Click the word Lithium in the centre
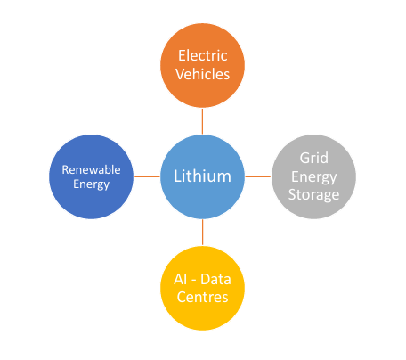pos(202,176)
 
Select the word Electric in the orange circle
pos(203,55)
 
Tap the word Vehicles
pos(203,74)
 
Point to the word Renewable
pos(91,169)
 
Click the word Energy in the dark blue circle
pos(92,184)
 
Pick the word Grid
pos(314,158)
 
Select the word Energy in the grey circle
pos(314,177)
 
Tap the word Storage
pos(314,195)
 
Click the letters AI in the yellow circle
pos(181,279)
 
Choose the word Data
pos(215,279)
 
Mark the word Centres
pos(203,297)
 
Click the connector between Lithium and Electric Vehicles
pos(202,121)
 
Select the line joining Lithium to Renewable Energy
pos(147,176)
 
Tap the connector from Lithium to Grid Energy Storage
pos(258,176)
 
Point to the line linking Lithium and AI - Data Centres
pos(203,233)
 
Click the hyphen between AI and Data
pos(194,281)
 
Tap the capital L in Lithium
pos(177,176)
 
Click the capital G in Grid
pos(304,158)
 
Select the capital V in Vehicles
pos(181,74)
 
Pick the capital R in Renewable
pos(65,169)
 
